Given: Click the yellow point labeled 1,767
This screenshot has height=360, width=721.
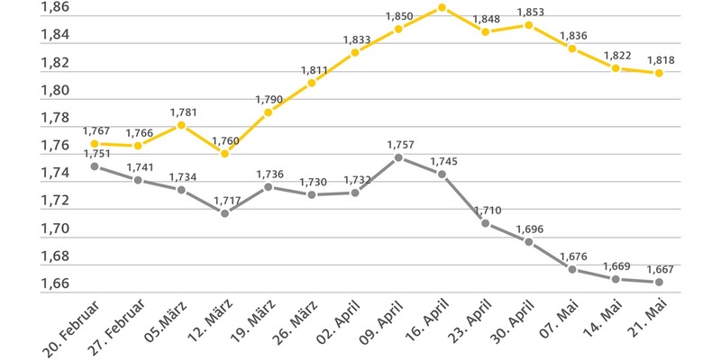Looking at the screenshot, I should (95, 144).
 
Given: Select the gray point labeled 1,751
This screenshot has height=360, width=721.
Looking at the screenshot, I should (95, 166).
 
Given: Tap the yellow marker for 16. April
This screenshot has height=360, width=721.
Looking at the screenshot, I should (442, 8).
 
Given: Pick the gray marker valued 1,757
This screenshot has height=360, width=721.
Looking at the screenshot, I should (398, 157).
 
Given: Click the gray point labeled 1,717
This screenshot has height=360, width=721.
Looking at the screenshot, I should (225, 213).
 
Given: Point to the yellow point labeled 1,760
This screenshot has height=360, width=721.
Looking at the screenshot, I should (225, 153).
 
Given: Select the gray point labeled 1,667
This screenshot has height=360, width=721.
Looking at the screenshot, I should (660, 282).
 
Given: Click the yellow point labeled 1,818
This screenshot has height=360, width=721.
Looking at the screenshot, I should (660, 73).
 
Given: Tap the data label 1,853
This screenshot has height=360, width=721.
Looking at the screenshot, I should (530, 12).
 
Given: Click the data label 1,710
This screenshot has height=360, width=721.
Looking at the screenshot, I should (487, 211).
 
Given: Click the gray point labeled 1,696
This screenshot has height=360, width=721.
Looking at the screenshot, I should (530, 242).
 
